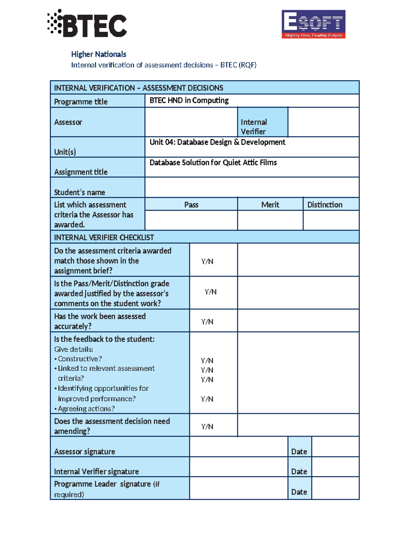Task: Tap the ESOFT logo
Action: tap(313, 24)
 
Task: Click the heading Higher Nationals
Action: tap(99, 54)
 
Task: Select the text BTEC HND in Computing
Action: tap(189, 100)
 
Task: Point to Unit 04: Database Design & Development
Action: tap(217, 142)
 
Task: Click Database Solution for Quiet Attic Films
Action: tap(213, 163)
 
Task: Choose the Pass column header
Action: tap(191, 205)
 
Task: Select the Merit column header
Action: tap(270, 205)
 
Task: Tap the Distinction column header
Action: tap(325, 205)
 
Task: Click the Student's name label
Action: tap(80, 192)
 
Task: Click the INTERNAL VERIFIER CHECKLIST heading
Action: tap(104, 238)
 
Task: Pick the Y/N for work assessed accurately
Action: tap(207, 322)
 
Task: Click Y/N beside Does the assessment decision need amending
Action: tap(207, 426)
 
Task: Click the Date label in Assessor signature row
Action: tap(299, 452)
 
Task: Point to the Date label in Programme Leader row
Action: tap(299, 492)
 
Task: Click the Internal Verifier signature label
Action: tap(96, 472)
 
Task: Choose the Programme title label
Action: tap(81, 102)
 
